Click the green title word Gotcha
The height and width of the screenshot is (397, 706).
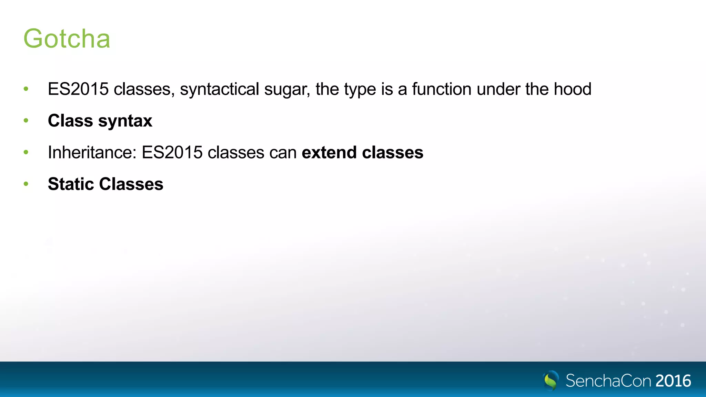click(x=67, y=39)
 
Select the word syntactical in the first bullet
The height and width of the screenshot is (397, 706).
click(x=219, y=90)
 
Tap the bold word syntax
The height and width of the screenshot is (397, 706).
click(x=125, y=121)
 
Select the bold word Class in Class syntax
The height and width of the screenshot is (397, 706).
click(x=70, y=121)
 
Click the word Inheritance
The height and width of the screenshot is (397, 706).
click(x=92, y=152)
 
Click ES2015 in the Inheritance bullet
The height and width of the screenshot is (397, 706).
click(x=172, y=152)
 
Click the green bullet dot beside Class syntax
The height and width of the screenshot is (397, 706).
click(x=26, y=121)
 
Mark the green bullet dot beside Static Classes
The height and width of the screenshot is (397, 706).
click(x=26, y=184)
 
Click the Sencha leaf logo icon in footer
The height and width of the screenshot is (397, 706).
click(x=551, y=380)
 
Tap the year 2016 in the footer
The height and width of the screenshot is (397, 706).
click(x=673, y=381)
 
